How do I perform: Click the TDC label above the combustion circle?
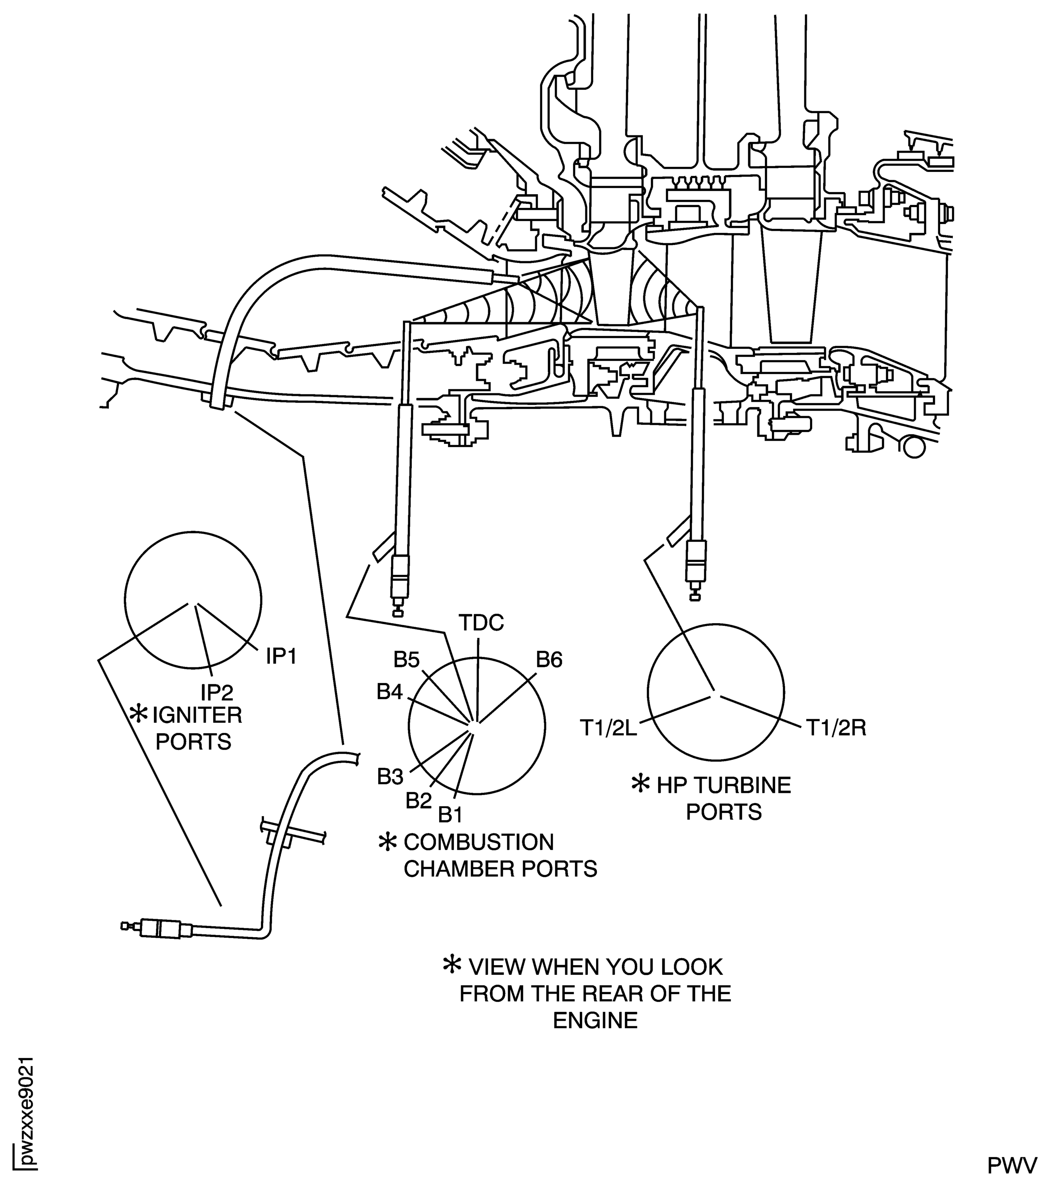(x=481, y=623)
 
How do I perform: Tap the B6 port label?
(x=549, y=660)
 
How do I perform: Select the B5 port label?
(x=406, y=660)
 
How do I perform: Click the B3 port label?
(x=390, y=777)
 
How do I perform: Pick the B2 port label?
(x=419, y=801)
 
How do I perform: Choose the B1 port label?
(x=450, y=815)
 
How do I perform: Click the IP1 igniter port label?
(x=282, y=657)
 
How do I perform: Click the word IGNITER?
(x=197, y=715)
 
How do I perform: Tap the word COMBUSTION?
(x=479, y=842)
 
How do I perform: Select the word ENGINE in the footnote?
(x=595, y=1020)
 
